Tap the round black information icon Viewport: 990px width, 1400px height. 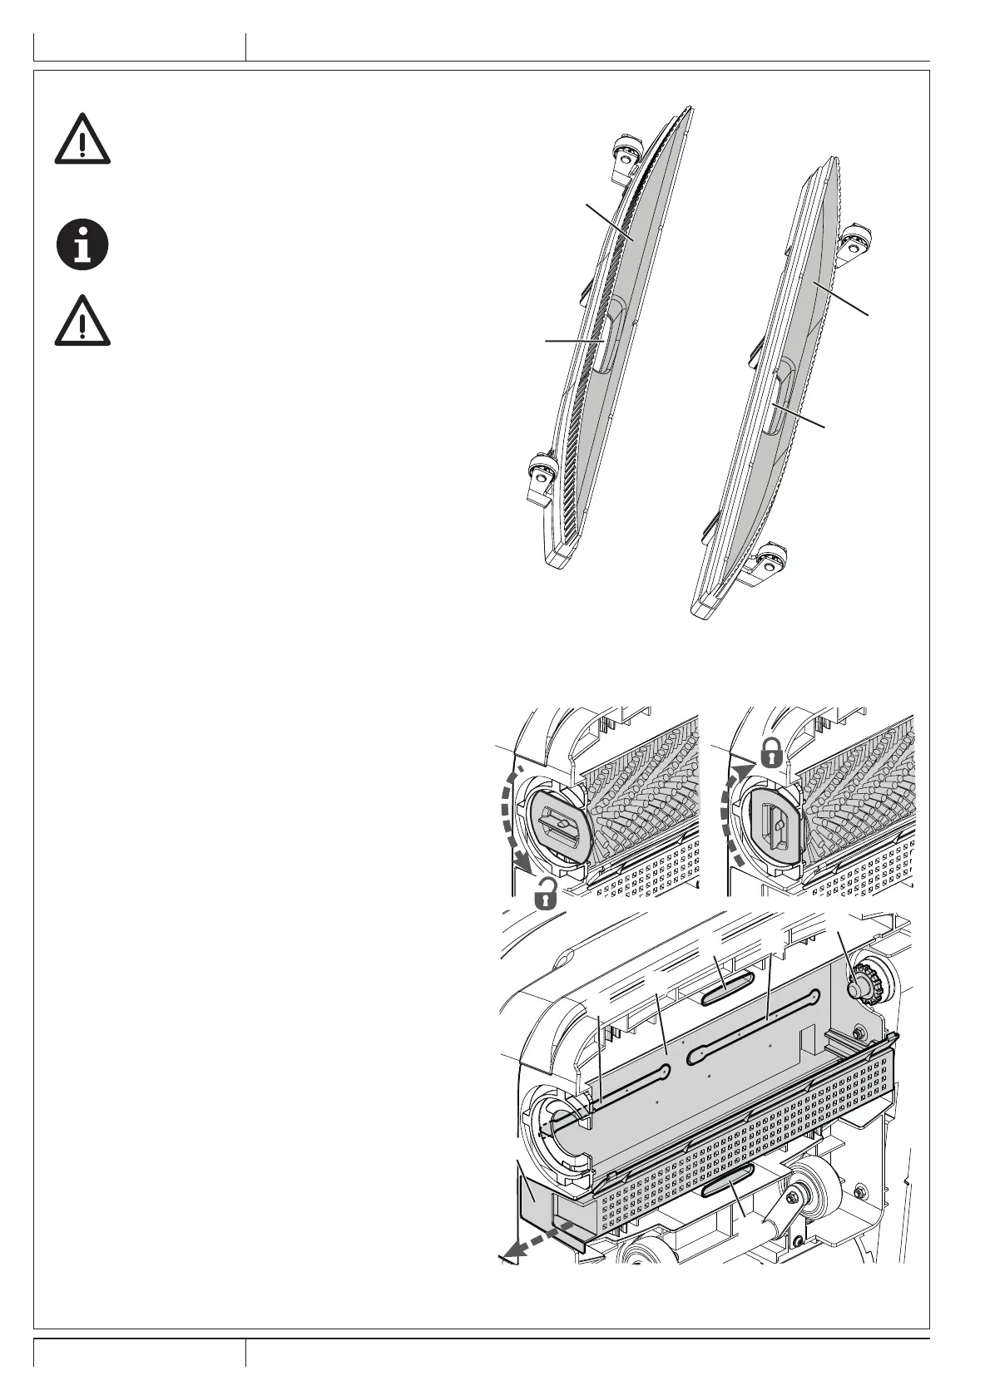(82, 244)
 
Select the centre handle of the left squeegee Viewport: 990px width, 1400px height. (606, 339)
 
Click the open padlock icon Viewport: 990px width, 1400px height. (546, 894)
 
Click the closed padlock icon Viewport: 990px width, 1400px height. (771, 752)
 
